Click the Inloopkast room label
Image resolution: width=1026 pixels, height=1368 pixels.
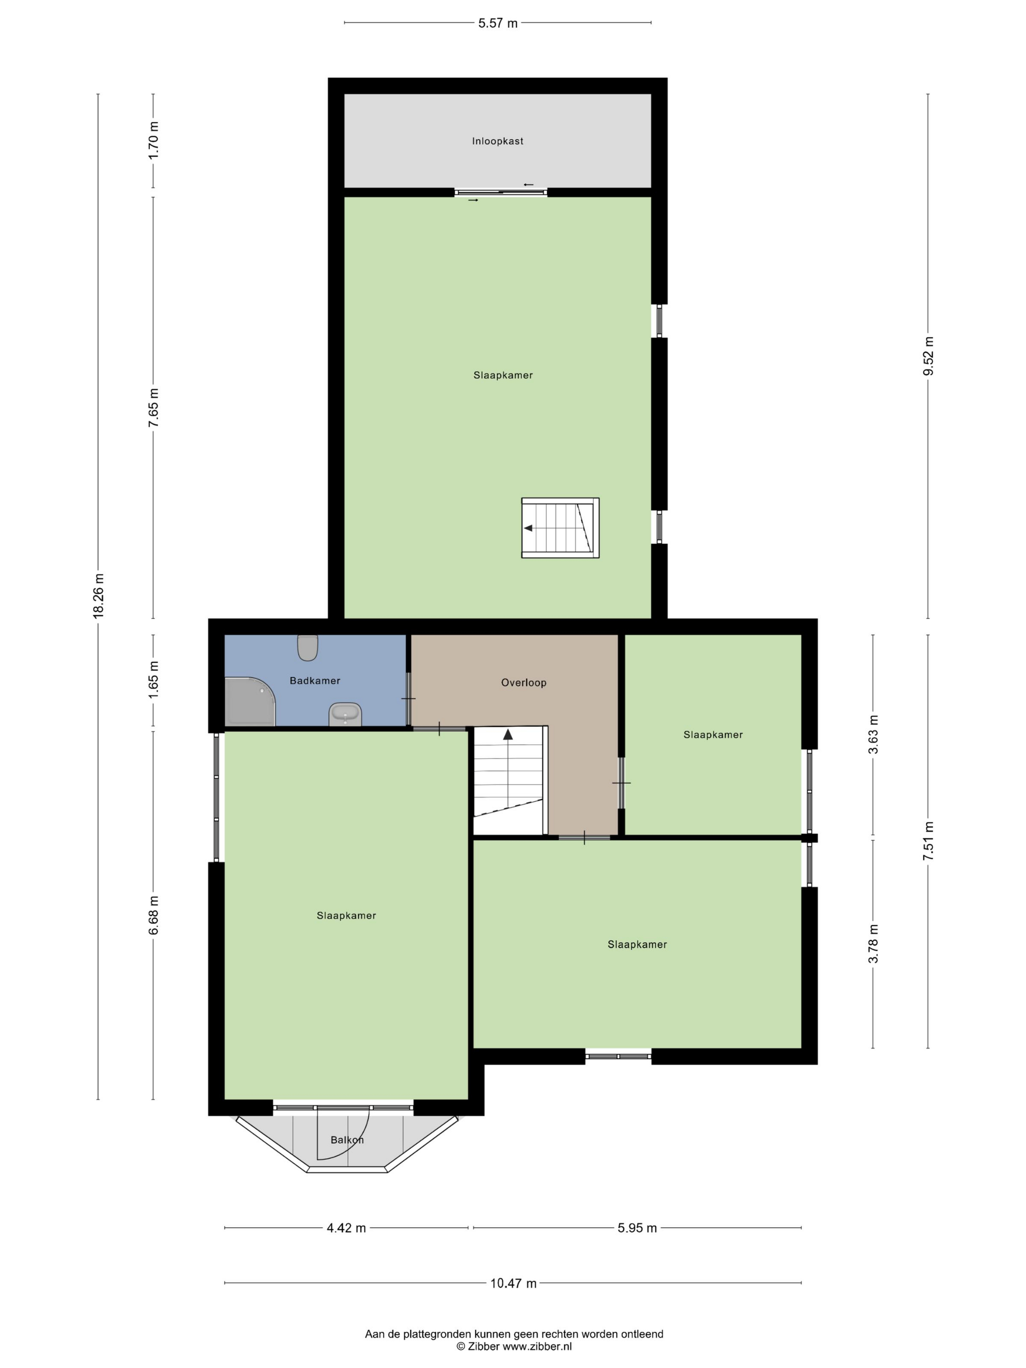(497, 141)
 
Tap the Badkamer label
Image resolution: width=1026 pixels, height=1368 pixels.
(315, 680)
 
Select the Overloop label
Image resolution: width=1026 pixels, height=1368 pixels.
(523, 683)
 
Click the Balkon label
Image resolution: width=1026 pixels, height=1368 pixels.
(347, 1140)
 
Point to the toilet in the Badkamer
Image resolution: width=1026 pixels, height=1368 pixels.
(307, 647)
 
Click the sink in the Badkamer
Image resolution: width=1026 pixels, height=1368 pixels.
(345, 714)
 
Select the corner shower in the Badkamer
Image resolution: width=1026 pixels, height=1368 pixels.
(250, 701)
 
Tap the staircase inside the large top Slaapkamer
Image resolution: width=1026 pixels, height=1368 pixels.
(560, 528)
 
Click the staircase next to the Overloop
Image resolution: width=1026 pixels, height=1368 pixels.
(510, 780)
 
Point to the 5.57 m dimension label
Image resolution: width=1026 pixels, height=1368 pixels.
(498, 23)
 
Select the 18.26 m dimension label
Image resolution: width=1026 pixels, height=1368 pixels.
(98, 596)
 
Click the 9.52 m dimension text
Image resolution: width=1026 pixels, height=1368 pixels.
(928, 356)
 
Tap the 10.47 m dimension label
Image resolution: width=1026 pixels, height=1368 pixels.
(513, 1283)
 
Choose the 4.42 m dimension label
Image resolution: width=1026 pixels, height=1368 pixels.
(346, 1228)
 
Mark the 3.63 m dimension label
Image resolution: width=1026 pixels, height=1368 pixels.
(873, 734)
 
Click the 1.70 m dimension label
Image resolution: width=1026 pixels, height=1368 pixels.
(153, 140)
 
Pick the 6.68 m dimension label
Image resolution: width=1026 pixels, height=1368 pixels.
(153, 915)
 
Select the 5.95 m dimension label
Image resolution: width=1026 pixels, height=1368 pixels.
(637, 1228)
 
